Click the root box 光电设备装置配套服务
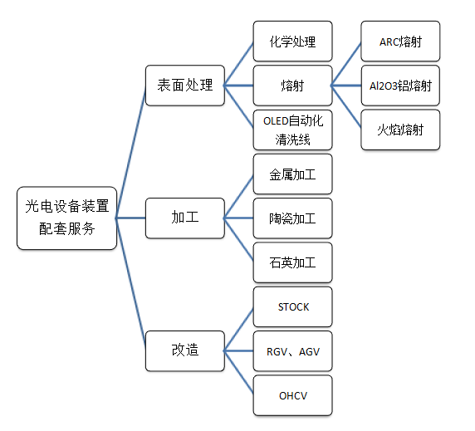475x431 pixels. pos(66,218)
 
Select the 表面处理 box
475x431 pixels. pos(185,86)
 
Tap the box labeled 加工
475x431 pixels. pos(185,218)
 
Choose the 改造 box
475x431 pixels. pos(185,350)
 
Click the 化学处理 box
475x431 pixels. pos(292,42)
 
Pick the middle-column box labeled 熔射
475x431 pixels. pos(292,86)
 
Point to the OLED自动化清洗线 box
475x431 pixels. pos(292,130)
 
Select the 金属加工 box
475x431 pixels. pos(292,174)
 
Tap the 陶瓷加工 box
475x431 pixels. pos(292,218)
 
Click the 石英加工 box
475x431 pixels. pos(292,262)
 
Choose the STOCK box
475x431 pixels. pos(292,306)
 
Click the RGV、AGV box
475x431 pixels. pos(292,351)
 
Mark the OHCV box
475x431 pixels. pos(292,395)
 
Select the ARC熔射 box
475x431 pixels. pos(400,42)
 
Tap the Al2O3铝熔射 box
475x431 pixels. pos(400,86)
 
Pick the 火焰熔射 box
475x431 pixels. pos(400,130)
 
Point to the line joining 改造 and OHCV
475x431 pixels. pos(238,372)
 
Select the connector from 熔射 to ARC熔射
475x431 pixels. pos(346,64)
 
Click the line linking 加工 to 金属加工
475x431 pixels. pos(238,197)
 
